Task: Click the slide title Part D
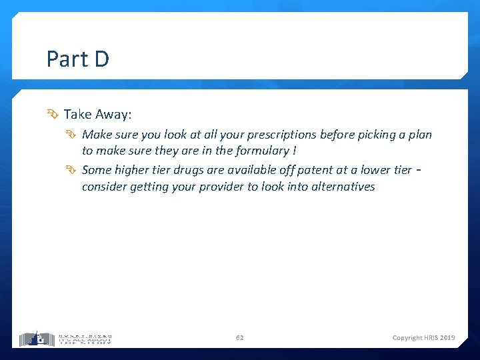[77, 59]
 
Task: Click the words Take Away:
[97, 115]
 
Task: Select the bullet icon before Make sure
[72, 135]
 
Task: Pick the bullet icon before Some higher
[72, 170]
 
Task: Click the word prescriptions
[280, 135]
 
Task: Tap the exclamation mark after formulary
[294, 151]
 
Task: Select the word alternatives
[343, 187]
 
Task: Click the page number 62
[240, 338]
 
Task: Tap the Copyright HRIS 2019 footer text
[423, 338]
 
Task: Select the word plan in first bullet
[420, 135]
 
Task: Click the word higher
[133, 170]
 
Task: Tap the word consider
[103, 187]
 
